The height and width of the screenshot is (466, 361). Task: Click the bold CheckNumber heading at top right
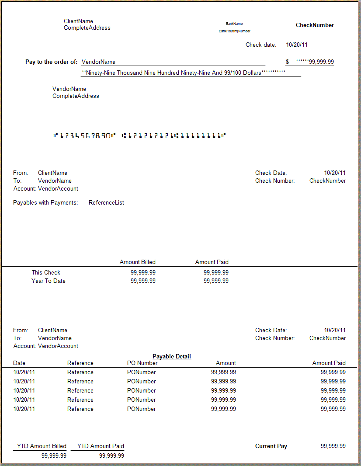[315, 25]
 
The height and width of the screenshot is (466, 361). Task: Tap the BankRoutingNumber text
[235, 31]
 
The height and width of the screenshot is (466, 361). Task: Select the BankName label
[234, 24]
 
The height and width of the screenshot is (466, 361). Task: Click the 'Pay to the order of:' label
[51, 62]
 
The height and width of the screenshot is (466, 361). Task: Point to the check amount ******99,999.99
[315, 62]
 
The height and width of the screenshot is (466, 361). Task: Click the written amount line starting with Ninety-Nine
[184, 73]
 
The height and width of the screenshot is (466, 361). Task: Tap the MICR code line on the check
[139, 136]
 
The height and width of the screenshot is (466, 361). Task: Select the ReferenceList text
[106, 203]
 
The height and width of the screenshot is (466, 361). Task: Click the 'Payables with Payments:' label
[45, 203]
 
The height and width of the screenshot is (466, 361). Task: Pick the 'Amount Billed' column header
[138, 262]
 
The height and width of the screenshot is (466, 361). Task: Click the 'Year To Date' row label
[49, 281]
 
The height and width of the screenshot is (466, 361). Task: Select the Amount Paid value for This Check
[216, 273]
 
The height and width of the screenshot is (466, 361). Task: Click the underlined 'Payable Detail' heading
[172, 357]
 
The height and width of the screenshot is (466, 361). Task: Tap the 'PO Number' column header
[142, 363]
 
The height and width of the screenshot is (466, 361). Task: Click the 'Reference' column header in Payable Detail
[80, 363]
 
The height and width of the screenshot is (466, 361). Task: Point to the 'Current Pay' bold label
[271, 446]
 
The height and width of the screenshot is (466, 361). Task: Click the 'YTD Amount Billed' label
[42, 446]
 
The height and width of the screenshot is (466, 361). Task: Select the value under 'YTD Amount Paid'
[111, 456]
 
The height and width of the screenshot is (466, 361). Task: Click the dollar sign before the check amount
[288, 62]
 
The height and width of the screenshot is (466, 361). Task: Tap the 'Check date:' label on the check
[261, 45]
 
